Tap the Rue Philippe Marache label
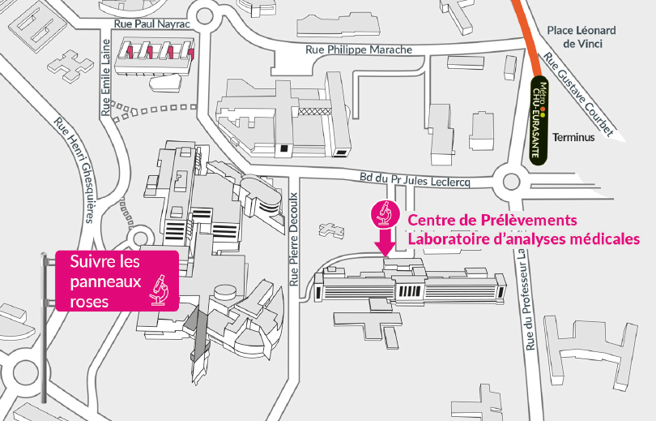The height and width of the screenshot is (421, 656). point(359,49)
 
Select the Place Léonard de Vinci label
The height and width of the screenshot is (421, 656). point(581,37)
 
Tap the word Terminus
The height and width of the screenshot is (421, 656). point(573,137)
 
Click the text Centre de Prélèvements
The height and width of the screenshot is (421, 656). point(492,220)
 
